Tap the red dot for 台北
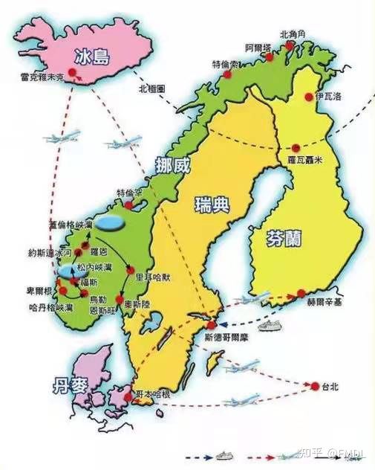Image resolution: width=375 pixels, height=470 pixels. coord(315,386)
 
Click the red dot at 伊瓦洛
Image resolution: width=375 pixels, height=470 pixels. coord(308,97)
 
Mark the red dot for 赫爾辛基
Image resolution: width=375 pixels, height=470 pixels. coord(299,292)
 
